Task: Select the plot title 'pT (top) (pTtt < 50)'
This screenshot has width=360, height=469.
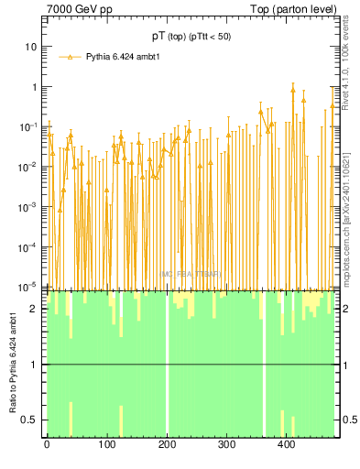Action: point(191,36)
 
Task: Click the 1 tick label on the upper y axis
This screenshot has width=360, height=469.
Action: point(34,87)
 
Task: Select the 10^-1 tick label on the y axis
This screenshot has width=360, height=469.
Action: point(29,126)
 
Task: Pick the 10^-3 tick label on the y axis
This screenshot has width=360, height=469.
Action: point(29,207)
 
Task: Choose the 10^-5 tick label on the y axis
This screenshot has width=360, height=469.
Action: point(29,287)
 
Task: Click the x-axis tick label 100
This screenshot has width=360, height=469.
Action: point(106,445)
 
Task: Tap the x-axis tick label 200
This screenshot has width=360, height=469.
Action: point(167,445)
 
